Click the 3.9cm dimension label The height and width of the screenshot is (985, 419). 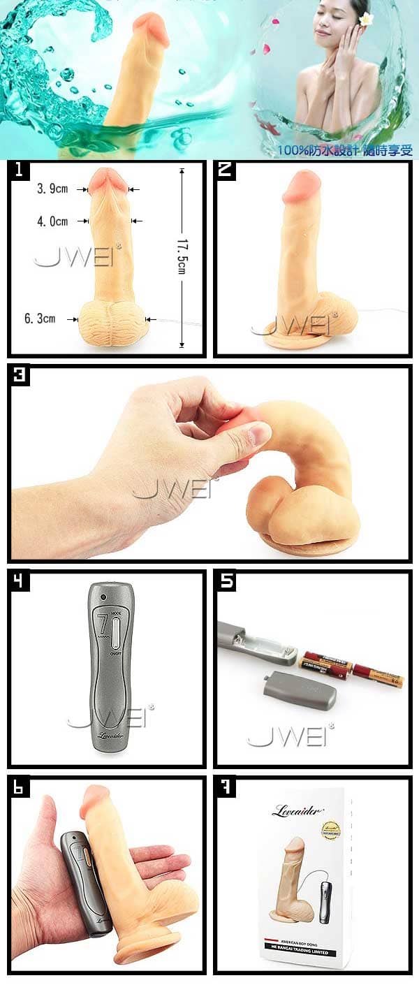point(52,189)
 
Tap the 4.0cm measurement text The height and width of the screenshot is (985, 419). point(52,221)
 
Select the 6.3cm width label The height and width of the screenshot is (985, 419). point(40,319)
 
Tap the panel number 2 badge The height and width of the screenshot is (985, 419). point(225,170)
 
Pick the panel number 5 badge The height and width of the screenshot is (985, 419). point(225,580)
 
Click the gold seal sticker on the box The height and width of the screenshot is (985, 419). point(330,829)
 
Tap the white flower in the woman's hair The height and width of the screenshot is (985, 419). point(366,19)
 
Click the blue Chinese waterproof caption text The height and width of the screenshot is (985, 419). point(345,149)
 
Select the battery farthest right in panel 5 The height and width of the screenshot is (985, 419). point(378,676)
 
